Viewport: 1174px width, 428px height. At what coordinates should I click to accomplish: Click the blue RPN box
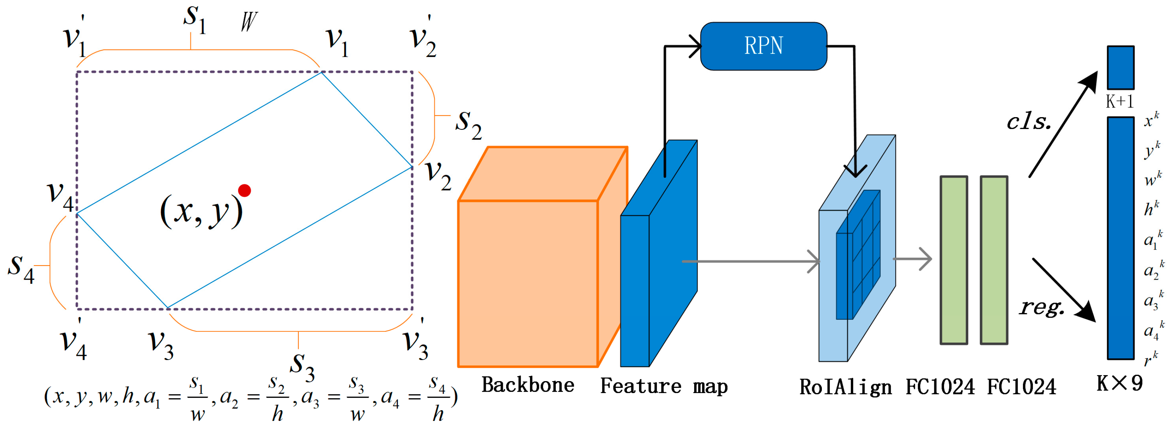point(763,46)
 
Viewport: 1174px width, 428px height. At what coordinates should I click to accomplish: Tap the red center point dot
point(245,190)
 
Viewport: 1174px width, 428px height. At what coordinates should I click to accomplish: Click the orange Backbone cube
point(528,282)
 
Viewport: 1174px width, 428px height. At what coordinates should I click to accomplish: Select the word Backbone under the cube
point(528,385)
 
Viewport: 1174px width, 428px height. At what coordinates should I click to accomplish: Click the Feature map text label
point(664,386)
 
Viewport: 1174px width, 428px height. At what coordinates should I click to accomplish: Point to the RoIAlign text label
point(845,387)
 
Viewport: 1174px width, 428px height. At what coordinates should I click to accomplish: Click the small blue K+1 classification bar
point(1121,67)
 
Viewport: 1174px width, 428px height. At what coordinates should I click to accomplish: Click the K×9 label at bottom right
point(1119,383)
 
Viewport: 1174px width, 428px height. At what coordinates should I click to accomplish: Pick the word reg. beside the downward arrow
point(1042,308)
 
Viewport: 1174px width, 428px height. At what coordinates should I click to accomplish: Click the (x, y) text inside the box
point(201,211)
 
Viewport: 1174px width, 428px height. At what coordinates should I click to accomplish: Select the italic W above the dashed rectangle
point(249,22)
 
